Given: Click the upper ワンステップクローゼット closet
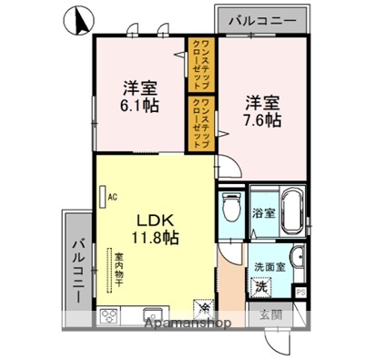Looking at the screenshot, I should coord(201,61).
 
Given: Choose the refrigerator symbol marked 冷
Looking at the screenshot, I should coord(202,309).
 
